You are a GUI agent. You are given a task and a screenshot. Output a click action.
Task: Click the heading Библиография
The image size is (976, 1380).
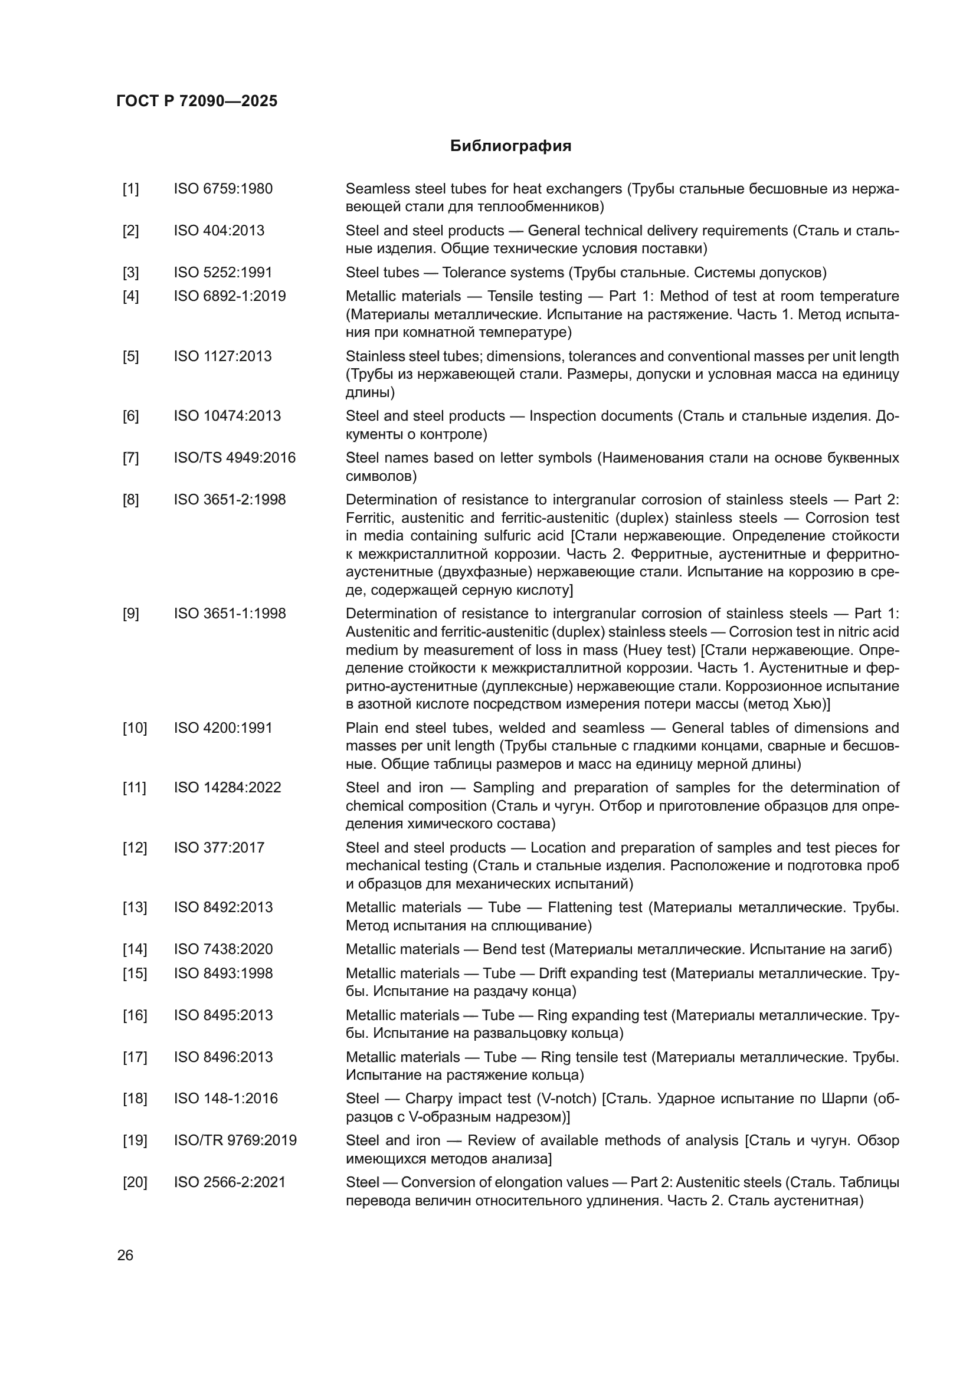point(510,146)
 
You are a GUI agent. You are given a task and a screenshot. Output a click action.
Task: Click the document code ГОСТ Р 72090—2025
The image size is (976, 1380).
point(197,101)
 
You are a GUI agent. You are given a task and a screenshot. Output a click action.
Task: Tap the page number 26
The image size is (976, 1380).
point(126,1255)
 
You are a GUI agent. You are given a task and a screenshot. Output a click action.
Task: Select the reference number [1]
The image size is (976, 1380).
point(130,189)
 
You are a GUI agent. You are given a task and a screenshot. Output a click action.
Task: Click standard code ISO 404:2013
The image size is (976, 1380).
point(219,231)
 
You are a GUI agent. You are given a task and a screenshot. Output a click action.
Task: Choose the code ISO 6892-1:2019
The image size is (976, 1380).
point(230,296)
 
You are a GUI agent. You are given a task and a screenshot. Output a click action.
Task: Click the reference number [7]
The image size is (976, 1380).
point(130,458)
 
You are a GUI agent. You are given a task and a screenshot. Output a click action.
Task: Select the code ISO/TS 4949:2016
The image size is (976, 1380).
point(234,458)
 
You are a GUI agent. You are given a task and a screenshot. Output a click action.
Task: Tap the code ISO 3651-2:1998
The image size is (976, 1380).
point(230,500)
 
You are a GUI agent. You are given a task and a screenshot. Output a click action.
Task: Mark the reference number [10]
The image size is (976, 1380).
point(135,728)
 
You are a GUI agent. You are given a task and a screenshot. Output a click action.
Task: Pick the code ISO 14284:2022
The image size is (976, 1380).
point(227,788)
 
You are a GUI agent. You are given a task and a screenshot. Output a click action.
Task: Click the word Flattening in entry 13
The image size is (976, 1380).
point(579,907)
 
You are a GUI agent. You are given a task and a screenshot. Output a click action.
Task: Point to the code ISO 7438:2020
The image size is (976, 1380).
point(223,949)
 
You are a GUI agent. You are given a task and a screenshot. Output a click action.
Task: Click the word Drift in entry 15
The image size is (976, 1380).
point(553,973)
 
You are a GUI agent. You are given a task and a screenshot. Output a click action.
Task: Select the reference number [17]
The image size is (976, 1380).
point(135,1057)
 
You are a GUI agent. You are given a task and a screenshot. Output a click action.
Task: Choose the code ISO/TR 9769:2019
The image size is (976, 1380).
point(235,1140)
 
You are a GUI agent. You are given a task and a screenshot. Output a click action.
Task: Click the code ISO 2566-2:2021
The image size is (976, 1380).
point(230,1182)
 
